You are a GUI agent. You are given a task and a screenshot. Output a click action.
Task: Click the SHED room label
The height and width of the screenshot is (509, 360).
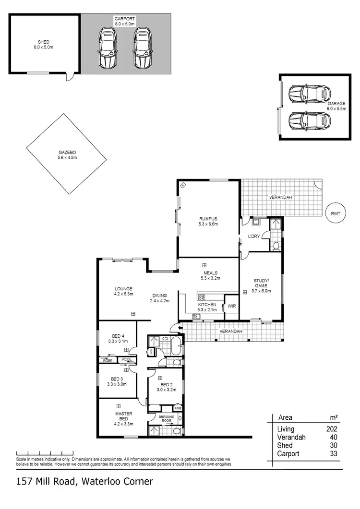44,42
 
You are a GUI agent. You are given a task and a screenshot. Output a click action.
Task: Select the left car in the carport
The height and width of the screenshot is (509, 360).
108,48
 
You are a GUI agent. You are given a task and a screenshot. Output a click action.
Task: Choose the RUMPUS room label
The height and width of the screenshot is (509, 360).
208,219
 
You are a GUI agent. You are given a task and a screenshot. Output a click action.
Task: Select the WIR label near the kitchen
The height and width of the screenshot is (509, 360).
231,306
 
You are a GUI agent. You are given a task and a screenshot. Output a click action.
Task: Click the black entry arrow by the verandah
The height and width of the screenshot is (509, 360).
180,328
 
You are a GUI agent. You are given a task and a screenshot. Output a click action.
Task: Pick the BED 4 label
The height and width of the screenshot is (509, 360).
118,336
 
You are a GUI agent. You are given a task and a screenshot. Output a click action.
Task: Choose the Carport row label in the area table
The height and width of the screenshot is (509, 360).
288,453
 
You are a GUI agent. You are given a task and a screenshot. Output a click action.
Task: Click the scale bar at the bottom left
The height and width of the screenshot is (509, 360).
44,452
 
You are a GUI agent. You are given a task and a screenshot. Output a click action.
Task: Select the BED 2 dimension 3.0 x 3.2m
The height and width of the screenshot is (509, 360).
166,390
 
